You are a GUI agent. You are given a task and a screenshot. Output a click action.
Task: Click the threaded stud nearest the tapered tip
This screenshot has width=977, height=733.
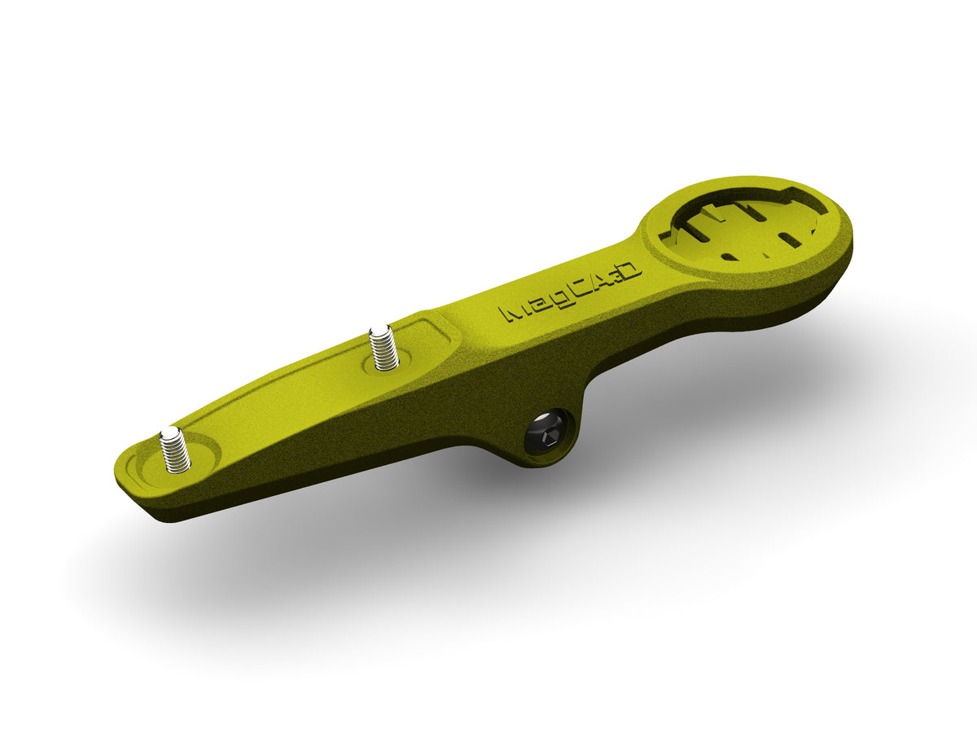[x=176, y=449]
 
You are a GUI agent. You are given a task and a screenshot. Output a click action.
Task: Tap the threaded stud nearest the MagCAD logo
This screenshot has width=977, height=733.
[x=383, y=349]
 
